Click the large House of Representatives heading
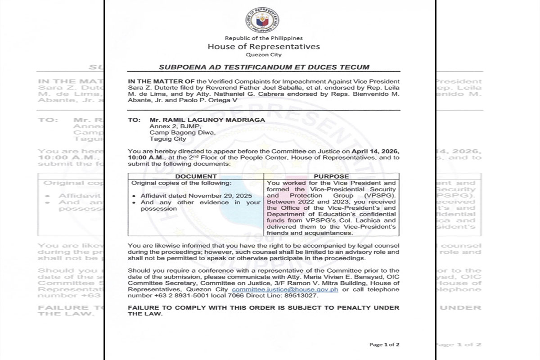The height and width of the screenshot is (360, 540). coord(264,46)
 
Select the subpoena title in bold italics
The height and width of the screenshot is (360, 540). coord(264,67)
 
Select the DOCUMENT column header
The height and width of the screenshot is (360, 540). coord(196,176)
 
